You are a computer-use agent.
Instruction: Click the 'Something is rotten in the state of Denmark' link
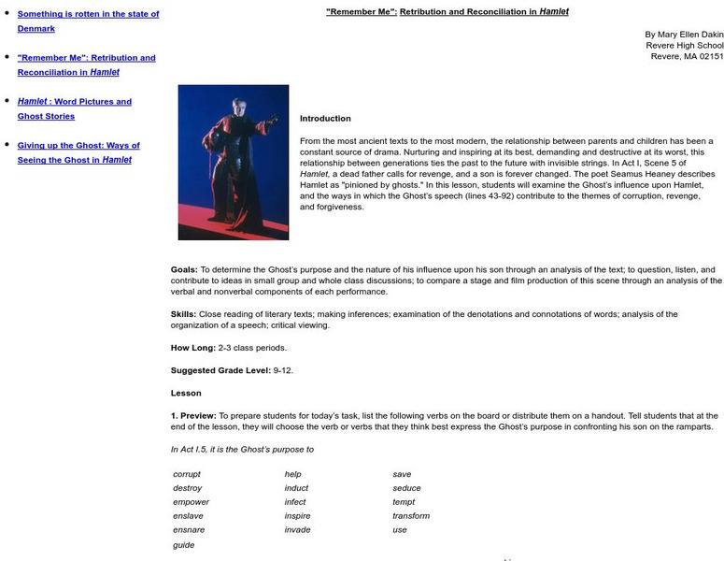(x=88, y=14)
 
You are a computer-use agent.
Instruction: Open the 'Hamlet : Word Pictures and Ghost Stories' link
(x=75, y=102)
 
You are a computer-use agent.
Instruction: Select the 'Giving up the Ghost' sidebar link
(x=78, y=146)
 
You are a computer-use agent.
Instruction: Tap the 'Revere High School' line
(x=684, y=45)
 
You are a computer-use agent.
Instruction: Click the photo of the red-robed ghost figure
(x=233, y=162)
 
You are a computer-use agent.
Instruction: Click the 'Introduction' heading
(x=325, y=119)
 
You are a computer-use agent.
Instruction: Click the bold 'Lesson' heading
(x=186, y=394)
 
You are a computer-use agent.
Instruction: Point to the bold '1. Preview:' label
(x=193, y=415)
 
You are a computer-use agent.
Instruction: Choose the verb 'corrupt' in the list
(x=187, y=474)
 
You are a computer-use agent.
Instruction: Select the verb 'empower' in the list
(x=190, y=502)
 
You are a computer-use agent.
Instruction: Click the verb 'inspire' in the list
(x=297, y=516)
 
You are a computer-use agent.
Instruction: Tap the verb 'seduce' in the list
(x=406, y=488)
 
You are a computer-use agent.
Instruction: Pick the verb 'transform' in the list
(x=411, y=516)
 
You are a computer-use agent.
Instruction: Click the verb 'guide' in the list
(x=184, y=544)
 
